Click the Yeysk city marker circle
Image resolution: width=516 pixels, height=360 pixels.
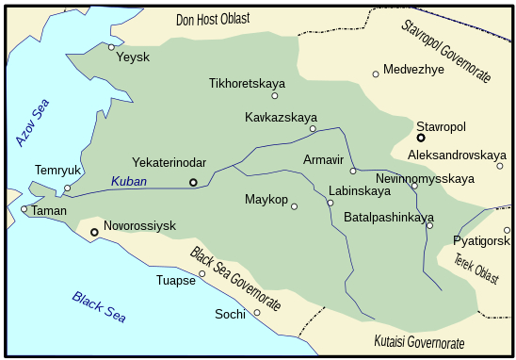click(111, 46)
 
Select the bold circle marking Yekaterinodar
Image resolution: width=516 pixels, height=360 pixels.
click(193, 181)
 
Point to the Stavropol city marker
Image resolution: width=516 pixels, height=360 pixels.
click(421, 138)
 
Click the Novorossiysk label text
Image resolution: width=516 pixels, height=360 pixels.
click(139, 227)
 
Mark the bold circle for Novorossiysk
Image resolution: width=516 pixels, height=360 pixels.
click(94, 231)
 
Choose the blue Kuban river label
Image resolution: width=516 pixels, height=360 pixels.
click(129, 180)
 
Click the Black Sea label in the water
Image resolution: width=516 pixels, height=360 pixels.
click(99, 306)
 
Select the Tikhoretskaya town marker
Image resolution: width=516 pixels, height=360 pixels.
click(275, 95)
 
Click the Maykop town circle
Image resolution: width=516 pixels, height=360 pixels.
click(294, 206)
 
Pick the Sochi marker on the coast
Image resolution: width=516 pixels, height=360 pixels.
click(257, 313)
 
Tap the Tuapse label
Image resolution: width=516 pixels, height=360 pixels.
click(175, 280)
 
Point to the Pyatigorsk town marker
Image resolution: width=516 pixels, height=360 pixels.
click(507, 230)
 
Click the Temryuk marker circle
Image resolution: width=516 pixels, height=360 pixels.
click(68, 188)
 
